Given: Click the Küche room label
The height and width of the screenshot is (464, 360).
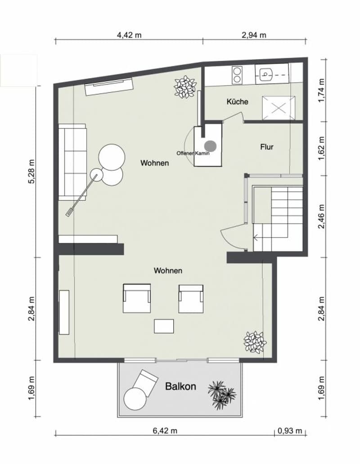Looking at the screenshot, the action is point(237,102).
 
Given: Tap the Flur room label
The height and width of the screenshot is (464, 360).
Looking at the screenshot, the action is point(267,147).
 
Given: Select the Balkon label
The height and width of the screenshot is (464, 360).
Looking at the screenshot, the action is point(180,387).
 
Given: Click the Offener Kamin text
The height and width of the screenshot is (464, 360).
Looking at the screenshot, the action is point(193,153).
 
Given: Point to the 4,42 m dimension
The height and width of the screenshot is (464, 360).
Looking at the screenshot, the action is point(129,35).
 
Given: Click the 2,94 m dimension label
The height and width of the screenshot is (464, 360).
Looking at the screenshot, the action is point(254,35).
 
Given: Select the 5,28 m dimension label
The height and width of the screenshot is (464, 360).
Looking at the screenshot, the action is point(31,172).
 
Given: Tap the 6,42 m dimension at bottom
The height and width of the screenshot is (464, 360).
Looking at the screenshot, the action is point(165,431).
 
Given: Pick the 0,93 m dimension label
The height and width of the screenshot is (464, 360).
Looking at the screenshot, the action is point(290,431).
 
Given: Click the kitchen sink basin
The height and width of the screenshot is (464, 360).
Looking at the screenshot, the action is point(265,74).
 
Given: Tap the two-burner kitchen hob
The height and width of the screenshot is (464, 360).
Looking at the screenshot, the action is point(237,75).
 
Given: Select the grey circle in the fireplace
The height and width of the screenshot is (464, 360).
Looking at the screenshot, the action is point(211,146).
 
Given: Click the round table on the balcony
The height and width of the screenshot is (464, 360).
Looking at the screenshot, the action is point(135,399).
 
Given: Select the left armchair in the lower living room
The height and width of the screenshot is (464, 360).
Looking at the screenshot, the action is point(137,298).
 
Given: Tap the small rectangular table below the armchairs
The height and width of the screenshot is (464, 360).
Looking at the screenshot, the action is point(164,326).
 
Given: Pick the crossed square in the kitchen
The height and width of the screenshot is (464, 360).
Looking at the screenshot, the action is point(279,108).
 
